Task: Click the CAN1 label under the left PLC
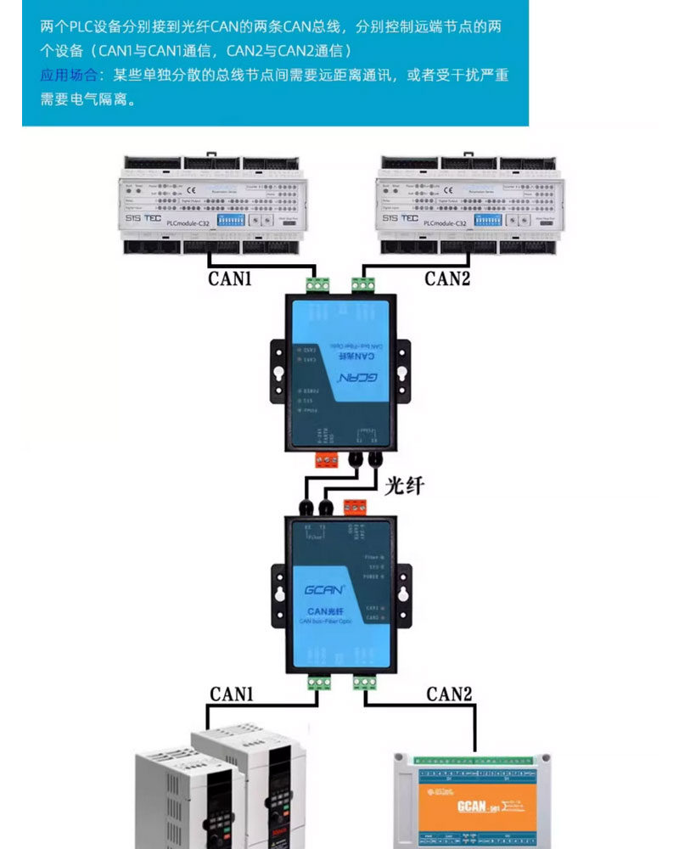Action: point(230,278)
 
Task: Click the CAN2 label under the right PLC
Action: point(447,278)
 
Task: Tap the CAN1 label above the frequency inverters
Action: point(232,694)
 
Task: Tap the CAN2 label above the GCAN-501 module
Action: point(449,694)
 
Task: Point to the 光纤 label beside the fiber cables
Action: point(404,486)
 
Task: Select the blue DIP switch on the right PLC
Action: point(488,219)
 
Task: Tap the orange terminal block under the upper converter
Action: point(327,460)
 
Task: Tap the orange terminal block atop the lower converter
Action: point(355,508)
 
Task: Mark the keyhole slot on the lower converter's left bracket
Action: point(279,589)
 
